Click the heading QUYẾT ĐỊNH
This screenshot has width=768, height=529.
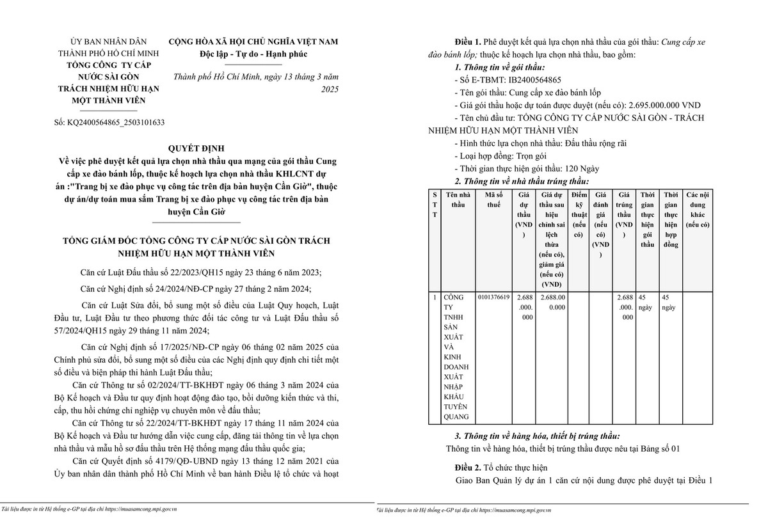[x=196, y=148]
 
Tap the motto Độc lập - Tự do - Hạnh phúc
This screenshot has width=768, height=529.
[x=253, y=54]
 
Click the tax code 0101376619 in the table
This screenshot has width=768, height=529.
[x=493, y=297]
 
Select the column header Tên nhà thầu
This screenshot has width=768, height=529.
[x=458, y=200]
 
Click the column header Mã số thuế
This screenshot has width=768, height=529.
[x=493, y=200]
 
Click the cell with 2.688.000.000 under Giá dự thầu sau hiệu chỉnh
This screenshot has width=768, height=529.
[x=552, y=302]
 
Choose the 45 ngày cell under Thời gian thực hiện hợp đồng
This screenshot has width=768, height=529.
[x=669, y=302]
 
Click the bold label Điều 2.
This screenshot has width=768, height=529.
[x=470, y=468]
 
